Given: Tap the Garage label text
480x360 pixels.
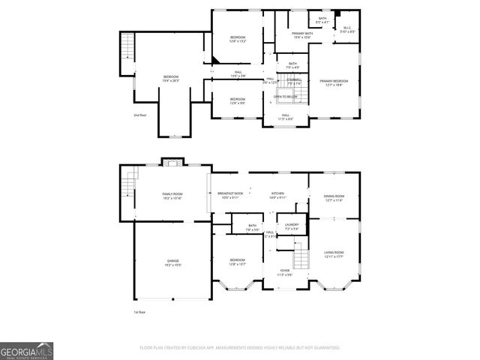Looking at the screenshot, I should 172,262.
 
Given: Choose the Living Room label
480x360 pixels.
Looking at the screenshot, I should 334,254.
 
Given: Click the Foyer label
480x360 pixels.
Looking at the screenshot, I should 285,272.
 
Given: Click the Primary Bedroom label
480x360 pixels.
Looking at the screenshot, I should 334,82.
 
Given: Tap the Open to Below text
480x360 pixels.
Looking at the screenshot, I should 286,97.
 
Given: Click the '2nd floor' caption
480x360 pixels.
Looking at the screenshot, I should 140,115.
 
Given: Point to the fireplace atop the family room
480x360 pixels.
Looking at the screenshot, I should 172,162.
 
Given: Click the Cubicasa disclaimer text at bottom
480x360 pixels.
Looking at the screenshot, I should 239,348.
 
